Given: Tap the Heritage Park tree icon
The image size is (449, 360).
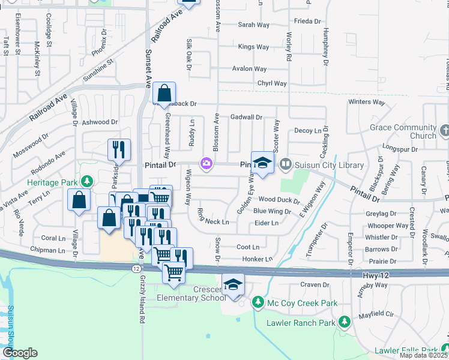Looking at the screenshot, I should click(x=87, y=181).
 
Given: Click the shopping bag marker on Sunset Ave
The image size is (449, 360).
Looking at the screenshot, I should click(x=164, y=94).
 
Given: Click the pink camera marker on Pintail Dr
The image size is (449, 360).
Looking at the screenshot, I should click(x=206, y=163).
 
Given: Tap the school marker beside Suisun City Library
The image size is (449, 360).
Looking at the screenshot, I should click(x=262, y=162).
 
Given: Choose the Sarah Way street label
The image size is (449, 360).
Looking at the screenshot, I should click(x=253, y=25).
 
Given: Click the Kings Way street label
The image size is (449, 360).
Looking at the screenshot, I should click(x=253, y=46).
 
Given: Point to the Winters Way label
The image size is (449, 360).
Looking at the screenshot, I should click(x=366, y=102).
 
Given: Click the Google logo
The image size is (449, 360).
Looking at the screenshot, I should click(x=20, y=353).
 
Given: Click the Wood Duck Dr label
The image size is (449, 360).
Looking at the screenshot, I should click(x=279, y=199).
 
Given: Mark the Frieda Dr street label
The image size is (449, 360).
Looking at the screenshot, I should click(x=308, y=21).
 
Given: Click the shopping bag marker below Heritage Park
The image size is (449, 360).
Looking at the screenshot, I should click(x=79, y=200).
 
